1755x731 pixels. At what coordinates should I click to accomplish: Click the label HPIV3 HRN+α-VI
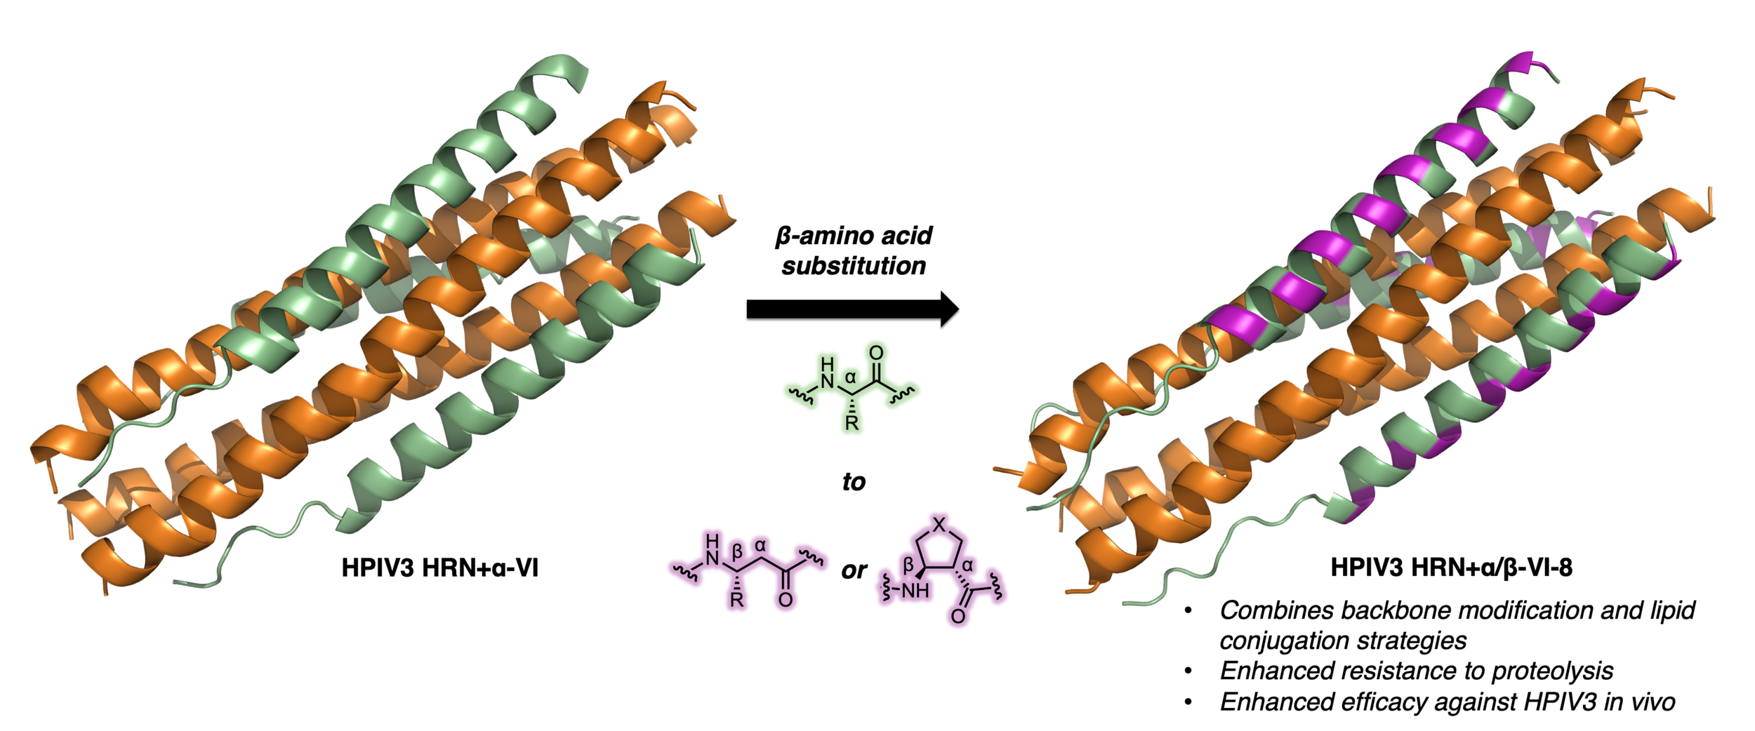coord(439,568)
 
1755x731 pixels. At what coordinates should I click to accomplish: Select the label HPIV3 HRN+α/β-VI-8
coord(1451,567)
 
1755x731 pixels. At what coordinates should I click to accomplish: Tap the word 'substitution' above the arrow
coord(854,266)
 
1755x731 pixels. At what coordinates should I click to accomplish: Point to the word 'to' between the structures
coord(854,482)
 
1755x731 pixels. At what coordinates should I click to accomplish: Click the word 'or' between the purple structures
coord(854,570)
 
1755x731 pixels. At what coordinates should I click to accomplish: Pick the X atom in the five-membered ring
coord(939,523)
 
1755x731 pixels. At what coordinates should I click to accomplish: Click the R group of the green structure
coord(852,423)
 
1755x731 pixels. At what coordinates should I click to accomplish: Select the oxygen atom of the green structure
coord(876,353)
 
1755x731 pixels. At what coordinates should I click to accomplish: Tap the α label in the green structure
coord(850,378)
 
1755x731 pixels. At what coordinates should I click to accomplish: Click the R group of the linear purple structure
coord(736,601)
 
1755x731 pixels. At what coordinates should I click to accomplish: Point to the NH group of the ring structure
coord(915,591)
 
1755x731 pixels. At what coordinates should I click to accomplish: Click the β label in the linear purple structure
coord(737,552)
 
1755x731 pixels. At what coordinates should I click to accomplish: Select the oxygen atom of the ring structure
coord(958,617)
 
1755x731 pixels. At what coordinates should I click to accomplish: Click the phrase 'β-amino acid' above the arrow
coord(854,236)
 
